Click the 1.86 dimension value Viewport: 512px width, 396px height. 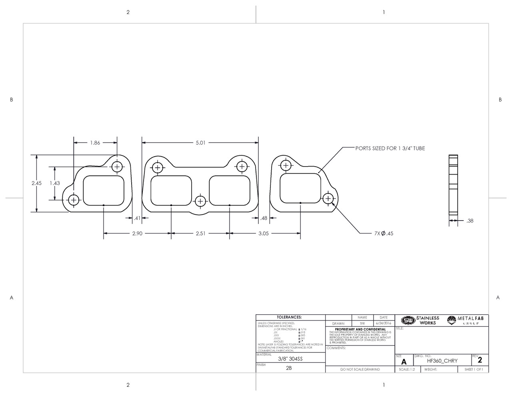click(x=95, y=143)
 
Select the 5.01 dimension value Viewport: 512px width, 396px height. click(x=200, y=143)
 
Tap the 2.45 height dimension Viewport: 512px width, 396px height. click(x=36, y=183)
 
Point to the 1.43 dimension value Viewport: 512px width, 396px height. click(x=55, y=183)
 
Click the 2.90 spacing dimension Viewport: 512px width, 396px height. click(x=137, y=233)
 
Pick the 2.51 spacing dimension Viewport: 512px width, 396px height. click(x=200, y=233)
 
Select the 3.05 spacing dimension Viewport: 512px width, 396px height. click(x=263, y=233)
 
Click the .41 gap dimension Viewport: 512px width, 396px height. click(x=137, y=218)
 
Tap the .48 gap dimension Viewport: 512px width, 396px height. click(x=264, y=218)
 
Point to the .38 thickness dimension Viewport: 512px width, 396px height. click(x=470, y=221)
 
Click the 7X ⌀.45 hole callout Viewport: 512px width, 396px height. click(x=384, y=233)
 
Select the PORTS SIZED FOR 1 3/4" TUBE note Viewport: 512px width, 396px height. click(x=390, y=148)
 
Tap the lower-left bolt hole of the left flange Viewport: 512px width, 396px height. click(x=74, y=200)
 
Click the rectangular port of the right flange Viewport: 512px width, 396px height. click(x=300, y=188)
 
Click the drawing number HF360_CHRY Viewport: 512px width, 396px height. click(x=442, y=361)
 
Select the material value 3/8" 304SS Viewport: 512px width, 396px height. click(x=290, y=359)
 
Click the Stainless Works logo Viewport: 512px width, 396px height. click(x=420, y=320)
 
